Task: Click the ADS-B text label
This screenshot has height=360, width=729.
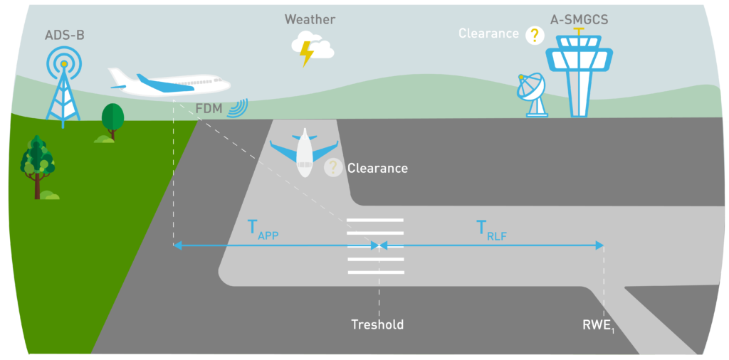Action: [64, 34]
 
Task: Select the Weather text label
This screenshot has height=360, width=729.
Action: [310, 19]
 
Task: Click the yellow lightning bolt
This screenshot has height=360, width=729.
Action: [307, 54]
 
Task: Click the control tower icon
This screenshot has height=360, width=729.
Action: [578, 75]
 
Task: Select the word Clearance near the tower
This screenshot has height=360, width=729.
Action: [488, 33]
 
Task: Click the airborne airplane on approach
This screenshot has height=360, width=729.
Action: [168, 82]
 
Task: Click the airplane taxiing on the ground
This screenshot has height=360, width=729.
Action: [305, 152]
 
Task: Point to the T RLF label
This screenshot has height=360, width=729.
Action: [491, 229]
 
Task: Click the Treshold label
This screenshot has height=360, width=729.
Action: [377, 325]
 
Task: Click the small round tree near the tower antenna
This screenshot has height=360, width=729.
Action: [112, 120]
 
